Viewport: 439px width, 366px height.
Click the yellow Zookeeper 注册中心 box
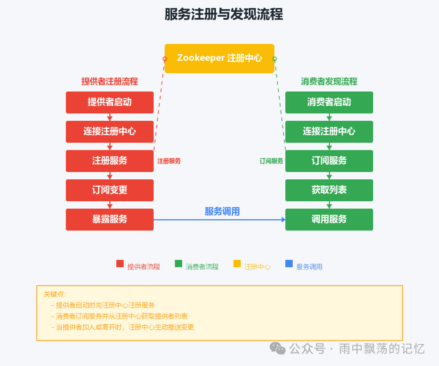pos(219,58)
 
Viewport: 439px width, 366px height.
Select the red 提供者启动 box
pos(110,102)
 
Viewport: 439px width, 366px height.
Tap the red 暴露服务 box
pos(110,219)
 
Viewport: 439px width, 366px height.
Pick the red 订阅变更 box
pos(110,190)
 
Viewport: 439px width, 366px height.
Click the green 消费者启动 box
pos(329,102)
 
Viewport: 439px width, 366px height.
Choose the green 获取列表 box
pos(329,190)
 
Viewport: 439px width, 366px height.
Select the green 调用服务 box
pos(329,219)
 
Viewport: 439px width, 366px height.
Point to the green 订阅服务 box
pos(329,161)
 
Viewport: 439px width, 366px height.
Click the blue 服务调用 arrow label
pos(222,211)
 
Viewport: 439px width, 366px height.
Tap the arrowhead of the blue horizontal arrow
pos(284,220)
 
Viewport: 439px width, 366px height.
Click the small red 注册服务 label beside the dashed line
pos(169,161)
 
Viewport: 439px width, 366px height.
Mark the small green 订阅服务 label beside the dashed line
pos(271,161)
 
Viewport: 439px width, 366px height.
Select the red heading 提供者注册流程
pos(110,81)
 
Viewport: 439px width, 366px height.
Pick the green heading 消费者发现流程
pos(329,81)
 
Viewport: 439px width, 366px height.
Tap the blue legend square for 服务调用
pos(289,264)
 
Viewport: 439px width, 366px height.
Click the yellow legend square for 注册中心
pos(237,264)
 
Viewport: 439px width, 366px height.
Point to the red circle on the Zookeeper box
pos(165,59)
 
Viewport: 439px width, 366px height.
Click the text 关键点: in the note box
pos(55,294)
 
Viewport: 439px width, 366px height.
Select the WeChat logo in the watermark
pos(278,348)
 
